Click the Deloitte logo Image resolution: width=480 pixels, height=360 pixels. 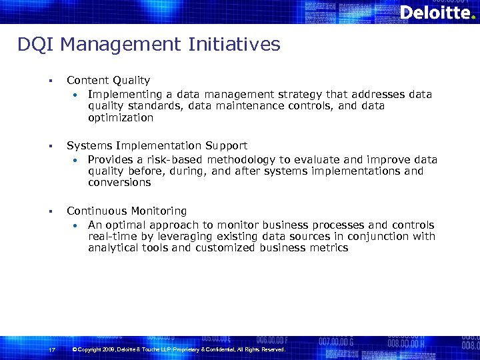(437, 12)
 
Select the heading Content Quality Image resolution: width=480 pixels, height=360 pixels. (108, 80)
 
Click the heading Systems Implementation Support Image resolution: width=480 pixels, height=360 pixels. (157, 145)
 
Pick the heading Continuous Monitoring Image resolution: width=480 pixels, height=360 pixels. (127, 211)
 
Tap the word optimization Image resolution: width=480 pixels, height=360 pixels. (121, 117)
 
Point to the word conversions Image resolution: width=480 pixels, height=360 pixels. (119, 182)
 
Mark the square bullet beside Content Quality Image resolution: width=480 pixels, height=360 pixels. (49, 81)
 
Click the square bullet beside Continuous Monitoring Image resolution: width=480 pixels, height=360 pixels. (49, 211)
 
